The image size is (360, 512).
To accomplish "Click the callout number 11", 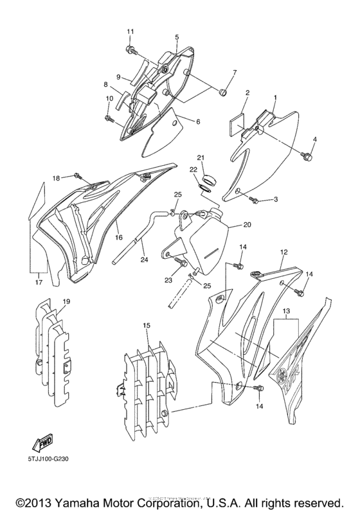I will click(130, 31).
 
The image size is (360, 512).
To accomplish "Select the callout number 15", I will click(147, 327).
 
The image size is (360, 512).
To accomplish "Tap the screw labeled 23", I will click(179, 263).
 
